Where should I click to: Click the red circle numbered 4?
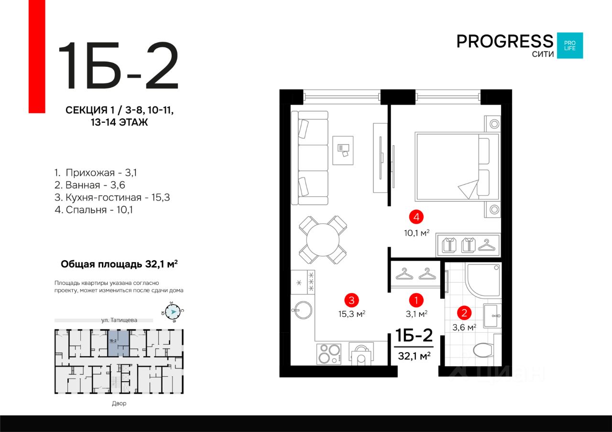416,217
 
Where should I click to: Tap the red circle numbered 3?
351,300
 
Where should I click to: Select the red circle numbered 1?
416,301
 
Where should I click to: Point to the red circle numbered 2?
464,313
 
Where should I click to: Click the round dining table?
323,240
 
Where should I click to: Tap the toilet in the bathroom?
483,350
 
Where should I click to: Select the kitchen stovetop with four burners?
329,354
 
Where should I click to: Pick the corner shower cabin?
483,280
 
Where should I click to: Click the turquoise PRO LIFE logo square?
570,45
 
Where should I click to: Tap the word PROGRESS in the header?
505,42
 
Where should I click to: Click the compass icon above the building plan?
173,312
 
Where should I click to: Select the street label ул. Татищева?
119,320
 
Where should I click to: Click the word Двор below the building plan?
119,403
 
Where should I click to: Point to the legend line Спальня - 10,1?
94,210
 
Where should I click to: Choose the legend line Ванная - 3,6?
89,185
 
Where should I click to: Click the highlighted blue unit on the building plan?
118,343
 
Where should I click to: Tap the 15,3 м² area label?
352,314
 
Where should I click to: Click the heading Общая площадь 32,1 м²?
119,264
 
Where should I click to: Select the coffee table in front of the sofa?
343,150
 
